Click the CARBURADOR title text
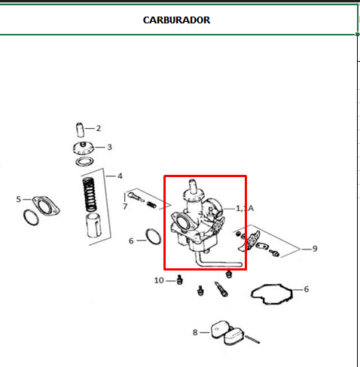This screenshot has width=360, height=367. tap(176, 20)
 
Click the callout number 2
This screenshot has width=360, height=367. tap(99, 128)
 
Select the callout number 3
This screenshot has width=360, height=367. tap(109, 147)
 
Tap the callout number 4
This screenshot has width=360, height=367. tap(120, 176)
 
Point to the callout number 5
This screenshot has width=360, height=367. tap(19, 199)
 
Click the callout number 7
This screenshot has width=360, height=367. tap(125, 206)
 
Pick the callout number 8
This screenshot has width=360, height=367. tap(195, 332)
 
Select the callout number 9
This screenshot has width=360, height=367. tap(315, 249)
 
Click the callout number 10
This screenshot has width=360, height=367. tap(159, 280)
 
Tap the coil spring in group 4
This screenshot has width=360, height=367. tap(90, 194)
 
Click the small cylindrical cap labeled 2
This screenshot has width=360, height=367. tap(80, 130)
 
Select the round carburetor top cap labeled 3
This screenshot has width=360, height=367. tap(84, 148)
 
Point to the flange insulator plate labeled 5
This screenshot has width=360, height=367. tap(46, 206)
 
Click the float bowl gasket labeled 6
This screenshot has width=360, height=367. tap(272, 294)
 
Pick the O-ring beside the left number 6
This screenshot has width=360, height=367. tap(154, 237)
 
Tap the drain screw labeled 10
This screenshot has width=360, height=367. tap(179, 280)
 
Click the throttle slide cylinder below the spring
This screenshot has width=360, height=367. tap(94, 225)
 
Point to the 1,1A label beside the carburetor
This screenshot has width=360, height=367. tap(245, 209)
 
